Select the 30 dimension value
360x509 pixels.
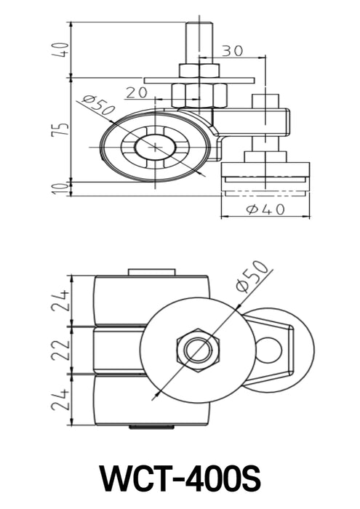[x=232, y=50]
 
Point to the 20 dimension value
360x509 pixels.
[x=135, y=92]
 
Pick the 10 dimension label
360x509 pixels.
[x=64, y=188]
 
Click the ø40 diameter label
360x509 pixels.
[x=265, y=209]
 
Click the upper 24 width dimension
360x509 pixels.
[x=64, y=300]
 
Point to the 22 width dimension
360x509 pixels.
[x=64, y=350]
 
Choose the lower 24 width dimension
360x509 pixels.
[x=64, y=399]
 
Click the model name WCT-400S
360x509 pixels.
[x=180, y=478]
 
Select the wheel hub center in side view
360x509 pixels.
[x=155, y=146]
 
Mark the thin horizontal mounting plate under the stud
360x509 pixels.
[x=199, y=80]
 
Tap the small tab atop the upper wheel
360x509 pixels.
[x=151, y=273]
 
